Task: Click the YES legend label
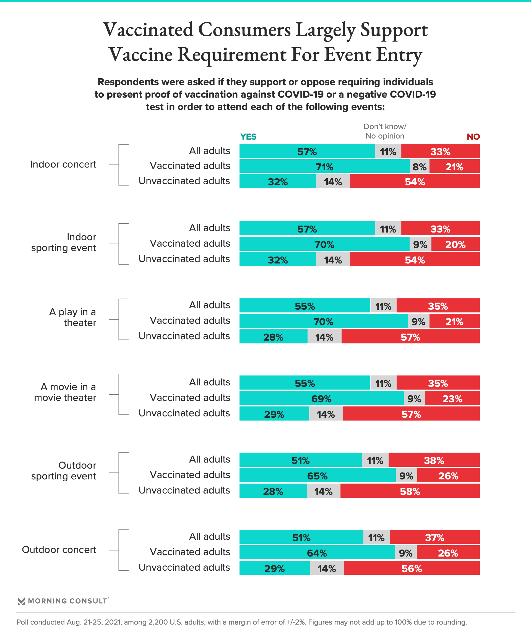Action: point(248,137)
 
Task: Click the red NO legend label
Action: point(473,137)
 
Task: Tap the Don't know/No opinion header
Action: point(385,131)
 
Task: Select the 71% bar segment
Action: point(324,166)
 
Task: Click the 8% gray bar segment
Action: point(420,166)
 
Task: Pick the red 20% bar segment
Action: point(455,244)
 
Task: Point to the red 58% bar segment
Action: point(410,491)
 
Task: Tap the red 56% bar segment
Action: point(412,568)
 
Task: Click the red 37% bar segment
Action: point(434,537)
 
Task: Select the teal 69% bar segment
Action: point(321,399)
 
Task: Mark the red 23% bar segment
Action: point(452,399)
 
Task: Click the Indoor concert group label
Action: point(63,165)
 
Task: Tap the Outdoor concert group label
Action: point(59,550)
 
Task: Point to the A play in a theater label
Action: point(73,317)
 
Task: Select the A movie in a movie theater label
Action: point(66,392)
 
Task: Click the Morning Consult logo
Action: point(63,601)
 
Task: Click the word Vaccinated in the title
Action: point(149,30)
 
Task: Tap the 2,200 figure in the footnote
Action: point(158,622)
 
